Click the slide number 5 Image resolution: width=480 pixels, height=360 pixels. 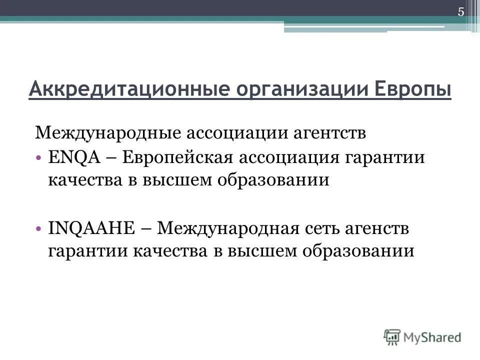461,12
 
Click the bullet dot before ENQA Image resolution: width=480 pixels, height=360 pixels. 39,158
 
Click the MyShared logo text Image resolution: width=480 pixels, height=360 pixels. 433,337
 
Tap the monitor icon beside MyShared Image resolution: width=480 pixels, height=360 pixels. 393,337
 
